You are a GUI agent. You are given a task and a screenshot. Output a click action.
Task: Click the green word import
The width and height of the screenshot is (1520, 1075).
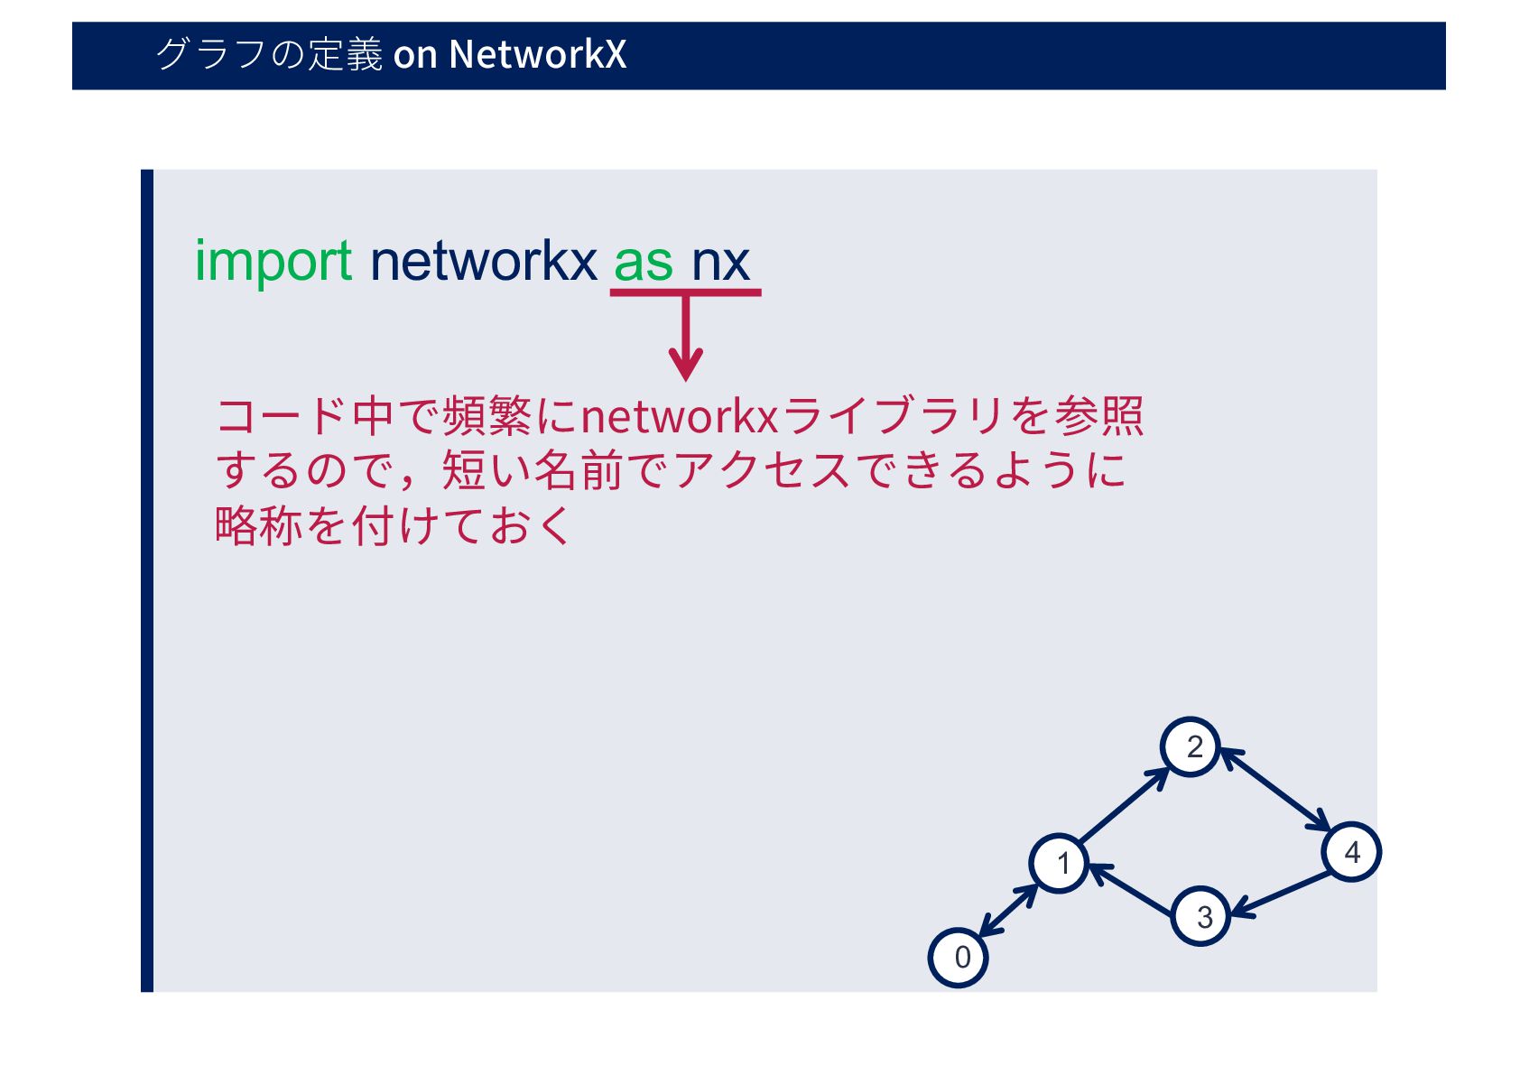(x=273, y=262)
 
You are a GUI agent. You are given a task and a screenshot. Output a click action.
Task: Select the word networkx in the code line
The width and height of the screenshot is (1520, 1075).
(x=483, y=262)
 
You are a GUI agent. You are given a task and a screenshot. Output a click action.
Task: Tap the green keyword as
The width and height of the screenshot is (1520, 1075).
(x=643, y=262)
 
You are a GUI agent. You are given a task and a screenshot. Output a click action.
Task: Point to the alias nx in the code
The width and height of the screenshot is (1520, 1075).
(x=720, y=262)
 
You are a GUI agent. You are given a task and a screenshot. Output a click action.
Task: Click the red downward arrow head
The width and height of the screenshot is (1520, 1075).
(x=686, y=366)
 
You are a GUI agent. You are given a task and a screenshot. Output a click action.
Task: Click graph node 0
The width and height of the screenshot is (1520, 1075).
(x=959, y=957)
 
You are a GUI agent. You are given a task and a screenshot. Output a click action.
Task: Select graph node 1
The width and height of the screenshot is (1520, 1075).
(x=1060, y=863)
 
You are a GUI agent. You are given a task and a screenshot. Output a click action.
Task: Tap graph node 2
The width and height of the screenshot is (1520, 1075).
(x=1191, y=747)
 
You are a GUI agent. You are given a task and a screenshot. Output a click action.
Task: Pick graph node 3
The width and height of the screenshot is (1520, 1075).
(x=1201, y=916)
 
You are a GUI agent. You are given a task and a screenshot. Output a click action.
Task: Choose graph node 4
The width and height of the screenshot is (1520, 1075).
(x=1351, y=851)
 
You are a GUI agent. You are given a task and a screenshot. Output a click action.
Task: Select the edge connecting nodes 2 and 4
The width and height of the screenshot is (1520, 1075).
(x=1274, y=790)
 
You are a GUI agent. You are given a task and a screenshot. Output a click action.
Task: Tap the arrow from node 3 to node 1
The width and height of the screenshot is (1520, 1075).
(x=1133, y=890)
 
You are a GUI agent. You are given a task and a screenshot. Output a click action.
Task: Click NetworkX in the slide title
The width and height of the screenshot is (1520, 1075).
(x=537, y=54)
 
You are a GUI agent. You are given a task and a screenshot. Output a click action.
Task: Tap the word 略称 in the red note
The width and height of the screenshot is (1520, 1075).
(x=257, y=525)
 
